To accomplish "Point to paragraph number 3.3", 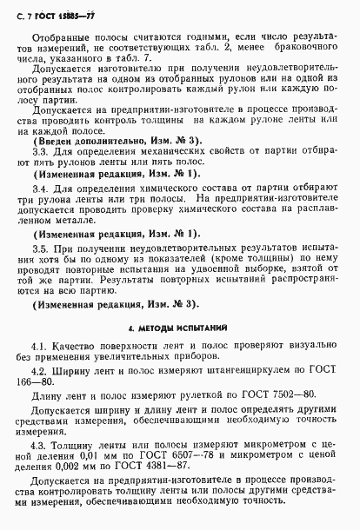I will pyautogui.click(x=41, y=151).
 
